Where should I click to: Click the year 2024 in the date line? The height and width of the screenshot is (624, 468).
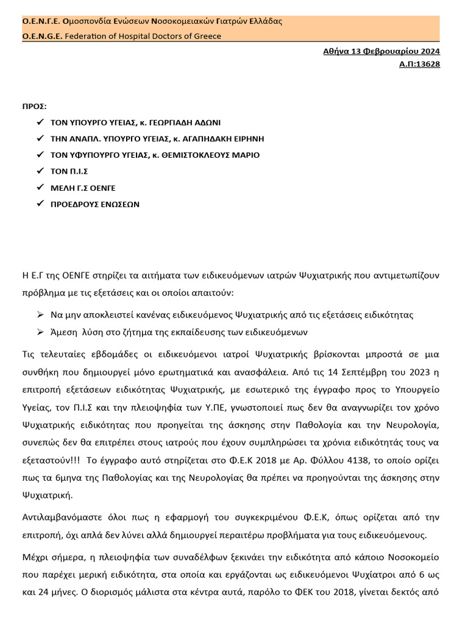428,51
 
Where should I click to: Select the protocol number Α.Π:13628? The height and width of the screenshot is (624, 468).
419,63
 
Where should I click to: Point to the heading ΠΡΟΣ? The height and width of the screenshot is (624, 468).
35,106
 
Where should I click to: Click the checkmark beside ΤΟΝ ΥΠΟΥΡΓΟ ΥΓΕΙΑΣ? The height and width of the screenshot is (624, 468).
40,122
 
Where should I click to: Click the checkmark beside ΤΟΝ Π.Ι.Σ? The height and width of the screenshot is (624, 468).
40,171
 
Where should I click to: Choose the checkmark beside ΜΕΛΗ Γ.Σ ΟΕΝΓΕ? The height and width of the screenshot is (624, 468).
40,188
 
